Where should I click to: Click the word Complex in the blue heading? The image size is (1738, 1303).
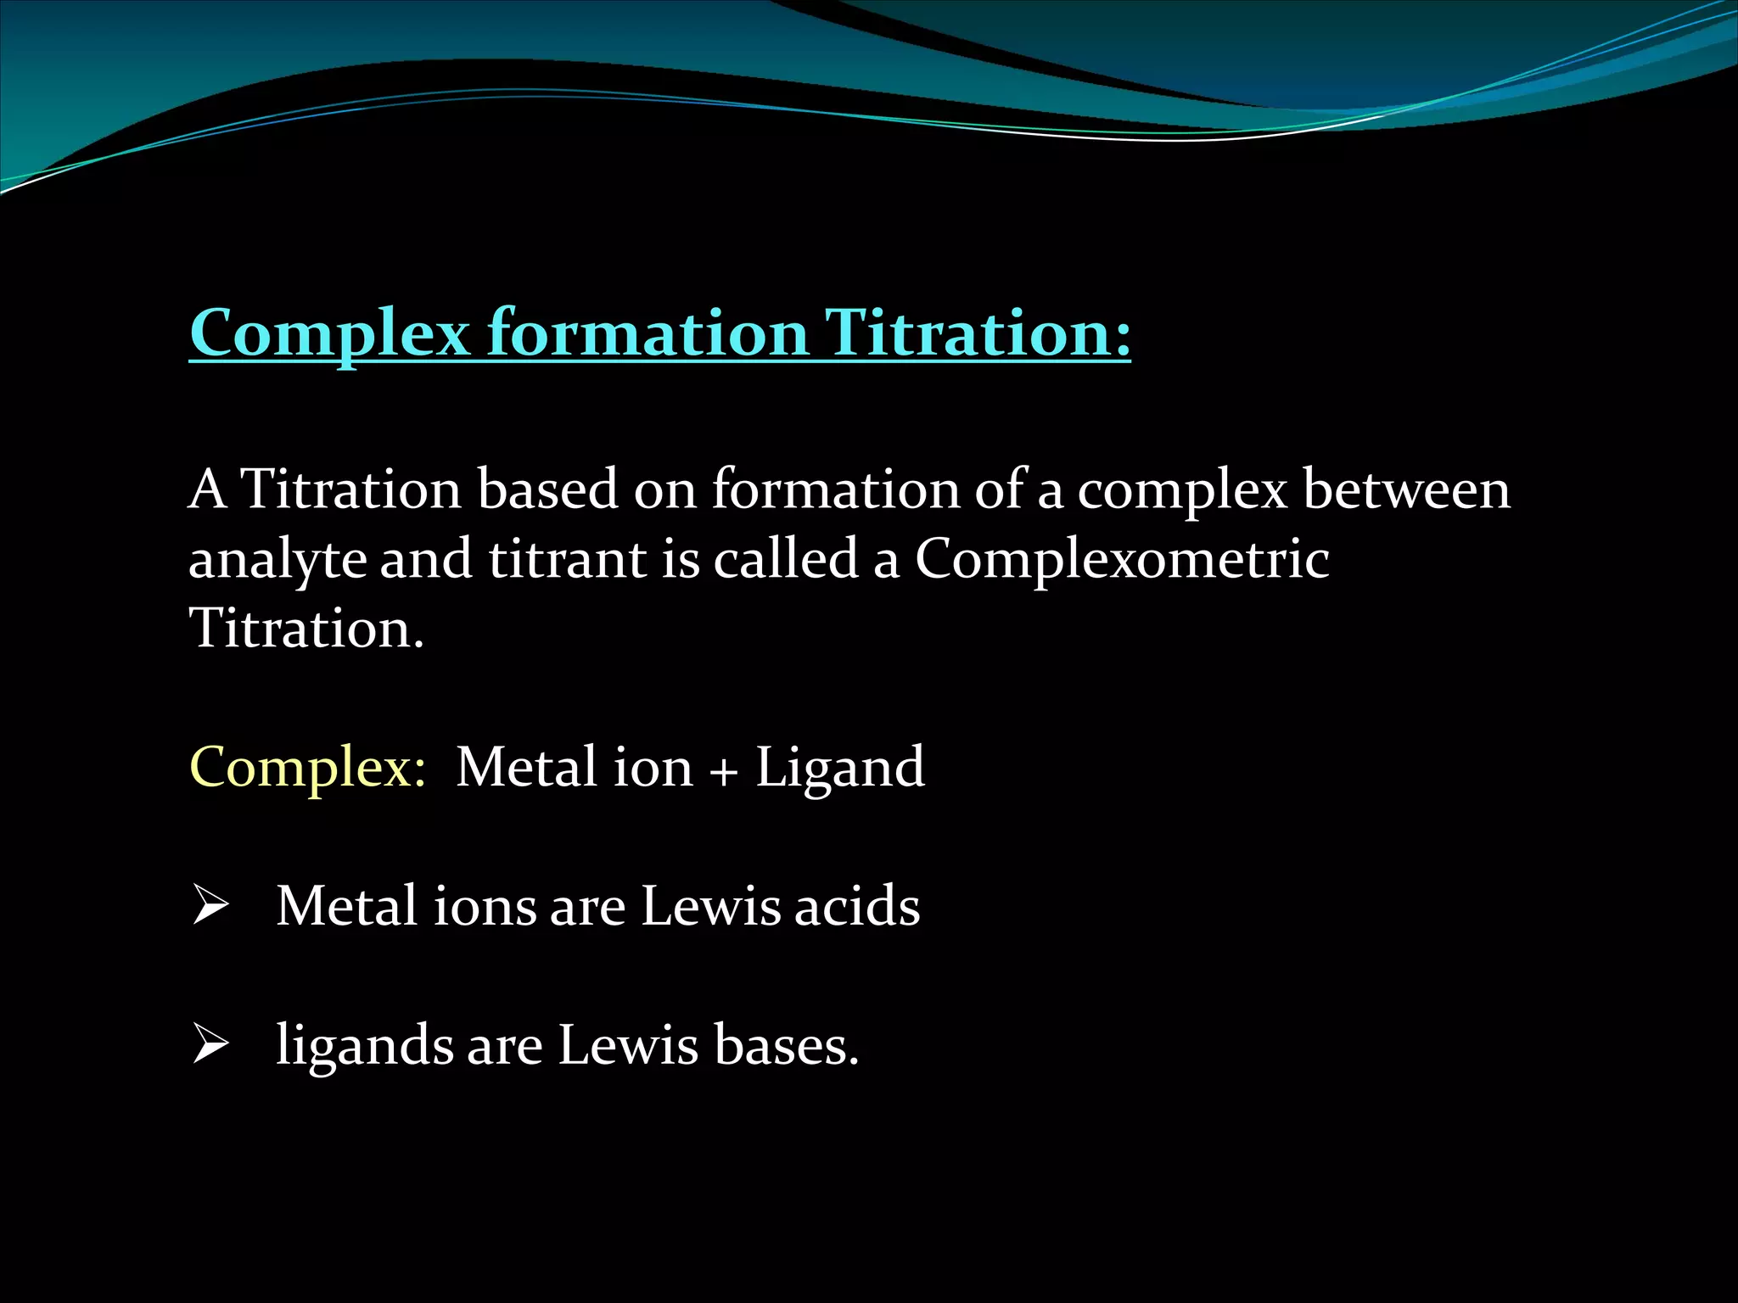329,333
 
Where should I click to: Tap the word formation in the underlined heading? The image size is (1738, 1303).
648,333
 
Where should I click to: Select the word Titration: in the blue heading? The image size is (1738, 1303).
978,333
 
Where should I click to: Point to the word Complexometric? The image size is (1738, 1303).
1121,560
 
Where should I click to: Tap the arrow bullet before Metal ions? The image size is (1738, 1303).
210,905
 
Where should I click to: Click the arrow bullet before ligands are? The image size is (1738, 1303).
210,1044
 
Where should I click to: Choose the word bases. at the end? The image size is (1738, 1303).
786,1045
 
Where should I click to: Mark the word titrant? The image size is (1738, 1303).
567,560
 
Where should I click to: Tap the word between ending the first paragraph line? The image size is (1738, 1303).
1405,490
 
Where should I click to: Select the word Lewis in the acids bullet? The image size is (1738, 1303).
709,906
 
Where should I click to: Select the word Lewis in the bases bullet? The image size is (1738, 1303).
627,1045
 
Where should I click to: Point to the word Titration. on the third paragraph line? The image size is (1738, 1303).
306,629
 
